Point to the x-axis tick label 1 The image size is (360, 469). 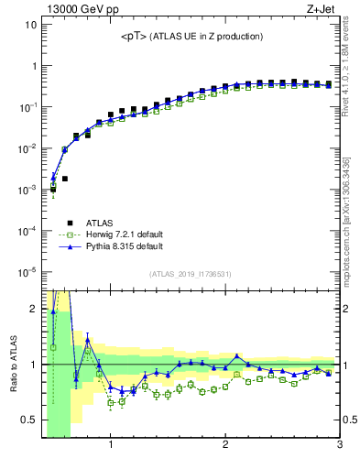coord(111,446)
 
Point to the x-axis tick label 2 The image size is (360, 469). coord(225,446)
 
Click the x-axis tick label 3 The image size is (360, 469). coord(339,446)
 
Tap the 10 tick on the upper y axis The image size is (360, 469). coord(29,25)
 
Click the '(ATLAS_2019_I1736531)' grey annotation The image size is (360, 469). coord(191,274)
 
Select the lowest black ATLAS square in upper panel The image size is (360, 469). coord(53,190)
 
